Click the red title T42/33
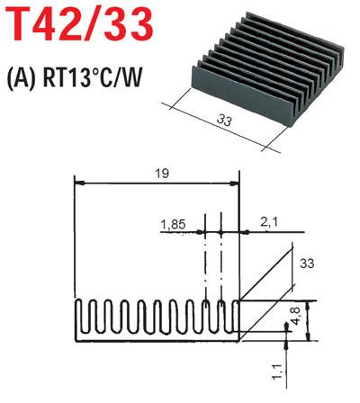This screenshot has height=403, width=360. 79,24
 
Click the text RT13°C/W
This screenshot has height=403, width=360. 92,78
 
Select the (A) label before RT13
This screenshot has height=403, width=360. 21,78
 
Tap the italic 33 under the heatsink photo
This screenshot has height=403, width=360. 224,121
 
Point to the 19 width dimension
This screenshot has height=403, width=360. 162,174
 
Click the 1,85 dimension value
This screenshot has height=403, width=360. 174,224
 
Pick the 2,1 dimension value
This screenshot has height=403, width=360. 269,222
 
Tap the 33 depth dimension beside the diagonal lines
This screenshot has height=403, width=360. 307,264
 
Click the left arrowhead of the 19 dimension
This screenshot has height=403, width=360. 79,183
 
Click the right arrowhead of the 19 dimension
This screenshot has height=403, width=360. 234,183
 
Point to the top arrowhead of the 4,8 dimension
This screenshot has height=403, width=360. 308,305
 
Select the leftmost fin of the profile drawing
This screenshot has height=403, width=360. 79,316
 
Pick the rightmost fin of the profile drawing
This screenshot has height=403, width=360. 236,316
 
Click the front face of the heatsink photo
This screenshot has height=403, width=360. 241,97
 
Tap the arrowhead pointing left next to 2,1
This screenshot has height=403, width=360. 245,232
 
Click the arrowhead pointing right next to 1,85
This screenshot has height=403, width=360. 201,232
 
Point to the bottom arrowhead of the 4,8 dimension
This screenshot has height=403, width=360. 308,336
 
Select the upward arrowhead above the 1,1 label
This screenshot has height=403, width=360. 286,345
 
